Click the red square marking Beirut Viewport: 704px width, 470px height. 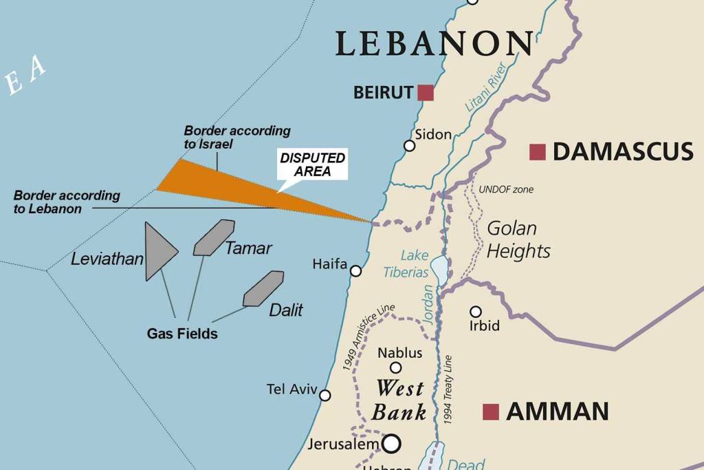[x=426, y=92]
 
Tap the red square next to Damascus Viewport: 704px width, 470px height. [x=537, y=152]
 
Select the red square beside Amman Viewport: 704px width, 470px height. [x=490, y=412]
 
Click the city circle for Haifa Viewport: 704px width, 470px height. [x=355, y=271]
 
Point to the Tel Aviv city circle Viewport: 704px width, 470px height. [x=325, y=396]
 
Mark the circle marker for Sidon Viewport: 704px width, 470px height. [x=409, y=146]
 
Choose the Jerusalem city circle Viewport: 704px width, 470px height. [x=391, y=443]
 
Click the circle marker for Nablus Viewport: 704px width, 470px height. [x=395, y=367]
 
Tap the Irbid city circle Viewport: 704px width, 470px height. [x=475, y=312]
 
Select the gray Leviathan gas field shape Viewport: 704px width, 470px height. [x=157, y=251]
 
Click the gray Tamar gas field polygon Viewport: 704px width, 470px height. [x=213, y=237]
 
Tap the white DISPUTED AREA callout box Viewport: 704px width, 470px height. [x=313, y=164]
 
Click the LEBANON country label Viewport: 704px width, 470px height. [x=434, y=43]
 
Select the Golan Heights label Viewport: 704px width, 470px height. [x=518, y=239]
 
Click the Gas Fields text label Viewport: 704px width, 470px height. [x=182, y=334]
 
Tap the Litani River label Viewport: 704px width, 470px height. [x=485, y=87]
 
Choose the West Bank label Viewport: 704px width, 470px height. [x=399, y=400]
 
